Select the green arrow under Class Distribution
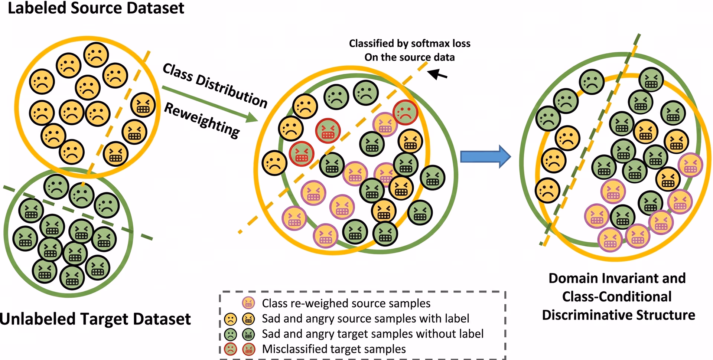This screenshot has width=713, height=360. point(210,104)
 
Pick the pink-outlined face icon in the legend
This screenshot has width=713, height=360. point(248,303)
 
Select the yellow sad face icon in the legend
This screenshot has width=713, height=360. point(230,319)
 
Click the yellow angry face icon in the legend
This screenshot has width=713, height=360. point(248,319)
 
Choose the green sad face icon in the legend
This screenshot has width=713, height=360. point(230,334)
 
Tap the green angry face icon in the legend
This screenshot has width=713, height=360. point(248,334)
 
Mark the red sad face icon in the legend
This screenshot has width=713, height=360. point(230,349)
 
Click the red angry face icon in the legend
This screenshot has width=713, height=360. point(248,349)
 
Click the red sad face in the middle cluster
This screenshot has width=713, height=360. point(405,112)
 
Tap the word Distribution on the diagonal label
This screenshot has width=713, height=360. point(231,91)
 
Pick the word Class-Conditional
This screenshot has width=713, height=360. point(617,297)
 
